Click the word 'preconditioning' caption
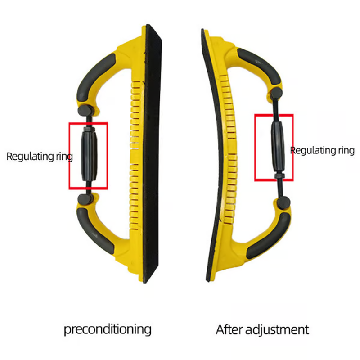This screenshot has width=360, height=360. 107,329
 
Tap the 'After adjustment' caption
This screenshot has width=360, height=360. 262,329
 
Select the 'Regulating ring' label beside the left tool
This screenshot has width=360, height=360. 39,157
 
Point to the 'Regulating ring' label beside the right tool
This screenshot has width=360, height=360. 323,150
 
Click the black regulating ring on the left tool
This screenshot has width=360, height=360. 89,156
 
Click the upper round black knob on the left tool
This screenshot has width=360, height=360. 85,110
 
